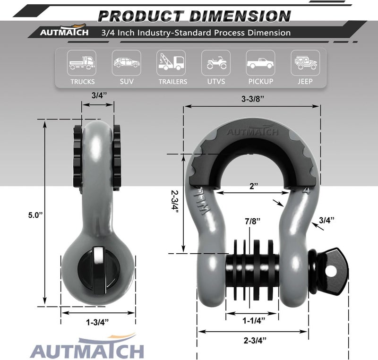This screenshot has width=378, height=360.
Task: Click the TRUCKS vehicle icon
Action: coord(82,63)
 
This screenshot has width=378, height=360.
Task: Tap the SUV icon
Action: coord(126,63)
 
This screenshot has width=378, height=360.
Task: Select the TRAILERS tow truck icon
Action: coord(171,63)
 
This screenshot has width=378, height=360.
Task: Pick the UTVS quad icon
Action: coord(216,63)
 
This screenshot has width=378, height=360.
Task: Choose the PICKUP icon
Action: coord(260,63)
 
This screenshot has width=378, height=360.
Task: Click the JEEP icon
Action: coord(305,63)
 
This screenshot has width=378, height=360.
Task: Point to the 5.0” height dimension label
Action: coord(35,215)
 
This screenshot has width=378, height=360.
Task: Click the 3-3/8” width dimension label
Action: coord(253,99)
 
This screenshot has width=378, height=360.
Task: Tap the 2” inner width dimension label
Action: coord(254,186)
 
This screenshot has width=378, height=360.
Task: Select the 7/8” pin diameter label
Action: coord(253,221)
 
